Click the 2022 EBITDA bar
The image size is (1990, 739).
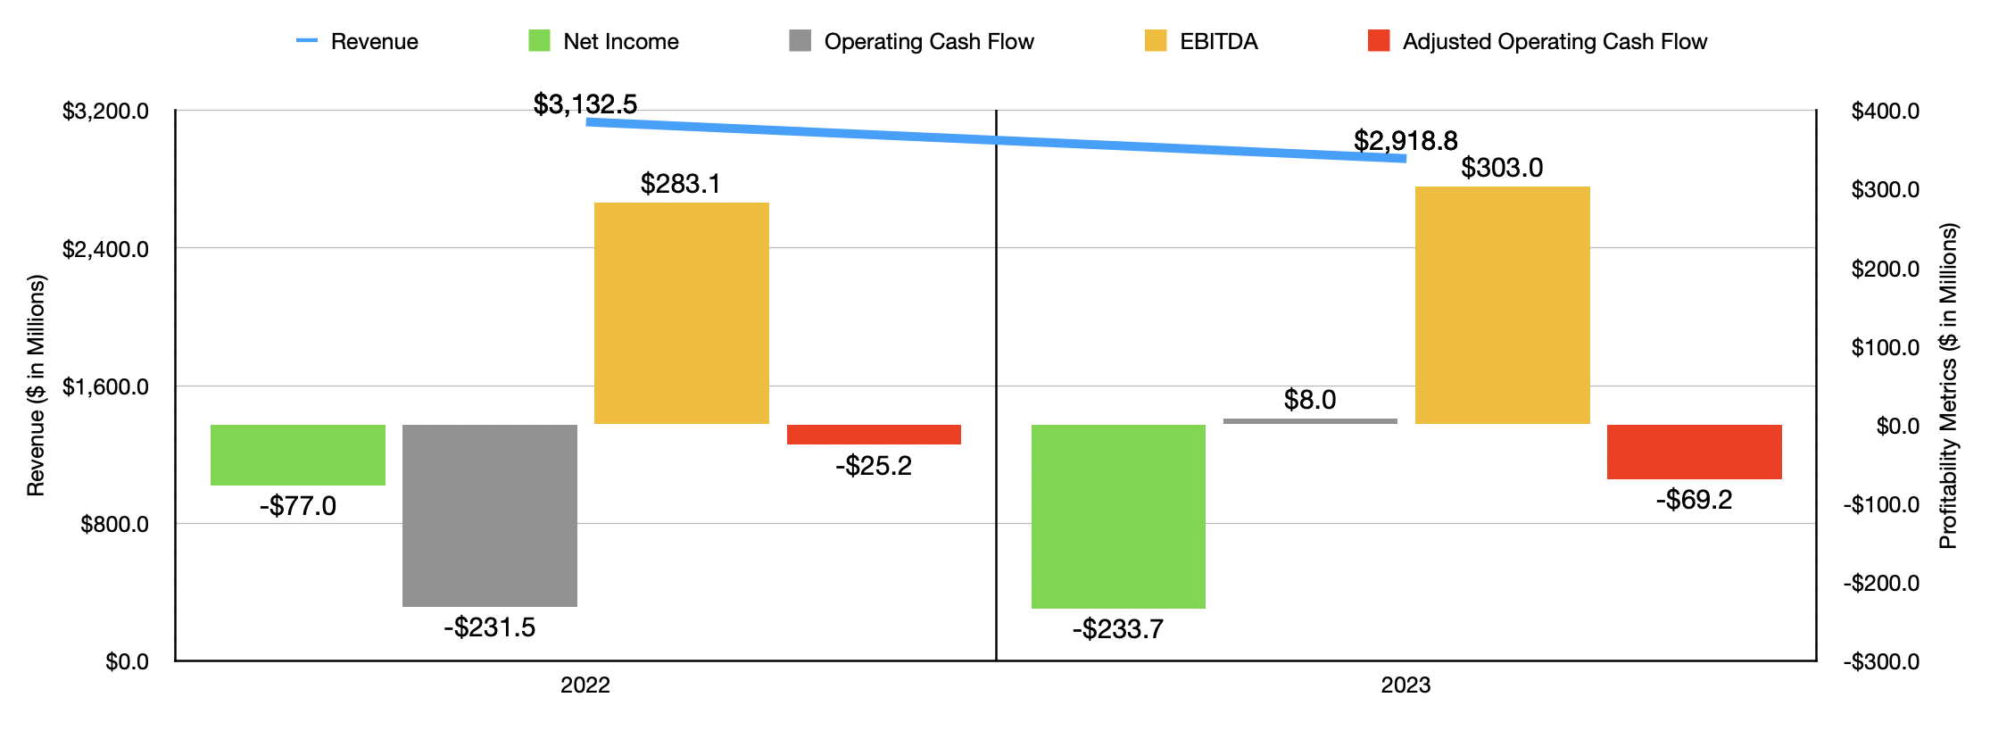pos(681,313)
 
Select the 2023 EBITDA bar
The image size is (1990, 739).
pos(1502,305)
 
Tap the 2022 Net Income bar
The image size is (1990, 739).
pos(297,455)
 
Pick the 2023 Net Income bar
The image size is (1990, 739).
pos(1118,517)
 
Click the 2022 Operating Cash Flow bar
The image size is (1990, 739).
pos(489,516)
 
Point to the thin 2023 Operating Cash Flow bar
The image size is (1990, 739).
pos(1310,421)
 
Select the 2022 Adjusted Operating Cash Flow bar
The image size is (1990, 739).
pos(874,435)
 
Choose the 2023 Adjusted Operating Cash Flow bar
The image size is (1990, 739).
pos(1694,453)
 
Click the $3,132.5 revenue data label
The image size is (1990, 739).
pos(585,104)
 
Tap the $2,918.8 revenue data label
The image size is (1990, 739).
pos(1405,140)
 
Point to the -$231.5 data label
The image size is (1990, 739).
pos(489,627)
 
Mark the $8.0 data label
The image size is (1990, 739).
pos(1310,400)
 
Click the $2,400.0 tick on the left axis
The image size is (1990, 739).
pos(105,249)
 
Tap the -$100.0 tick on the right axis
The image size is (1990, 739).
pos(1881,505)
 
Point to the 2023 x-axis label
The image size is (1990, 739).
pos(1405,685)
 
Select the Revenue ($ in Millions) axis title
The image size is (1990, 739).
pos(36,386)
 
